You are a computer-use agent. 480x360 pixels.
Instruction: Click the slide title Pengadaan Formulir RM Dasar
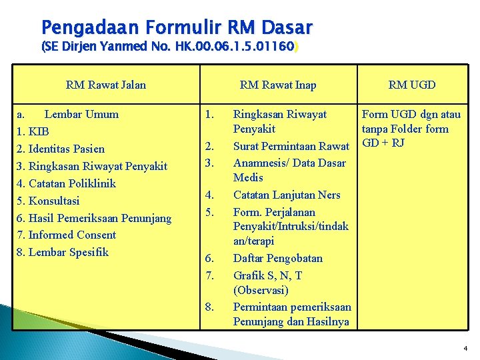click(x=176, y=27)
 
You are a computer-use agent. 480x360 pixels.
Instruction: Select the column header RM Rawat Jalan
click(x=106, y=85)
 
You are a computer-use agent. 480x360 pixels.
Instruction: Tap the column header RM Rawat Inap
click(x=278, y=85)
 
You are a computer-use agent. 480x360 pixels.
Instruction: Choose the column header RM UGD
click(x=412, y=85)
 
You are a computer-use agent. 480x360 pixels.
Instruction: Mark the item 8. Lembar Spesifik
click(x=63, y=252)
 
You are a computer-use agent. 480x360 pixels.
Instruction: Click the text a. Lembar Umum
click(x=69, y=114)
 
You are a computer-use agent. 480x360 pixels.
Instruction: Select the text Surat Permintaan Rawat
click(x=291, y=146)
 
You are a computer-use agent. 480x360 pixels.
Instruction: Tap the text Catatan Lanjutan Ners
click(x=287, y=195)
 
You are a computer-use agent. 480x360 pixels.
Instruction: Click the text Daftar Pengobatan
click(x=278, y=258)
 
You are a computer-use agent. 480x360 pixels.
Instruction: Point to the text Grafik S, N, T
click(x=267, y=275)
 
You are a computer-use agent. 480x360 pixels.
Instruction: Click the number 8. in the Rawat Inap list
click(x=210, y=307)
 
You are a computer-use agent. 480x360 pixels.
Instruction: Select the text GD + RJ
click(x=383, y=143)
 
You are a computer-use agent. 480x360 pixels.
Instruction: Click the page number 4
click(x=465, y=349)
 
